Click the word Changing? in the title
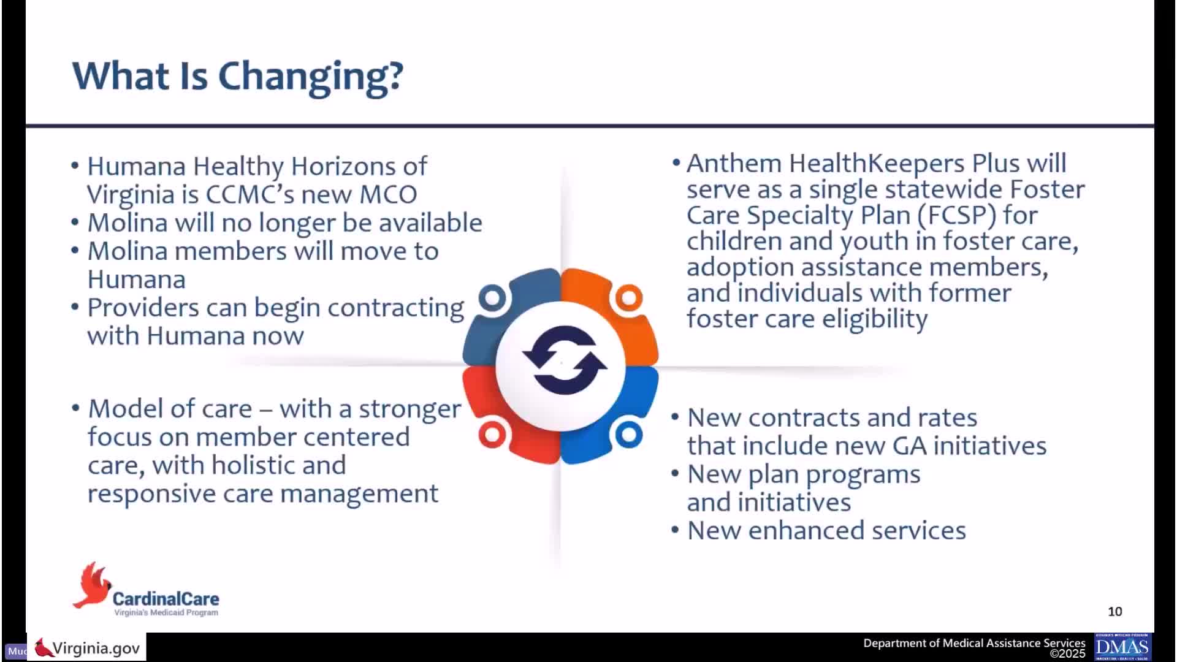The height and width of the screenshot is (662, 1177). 311,77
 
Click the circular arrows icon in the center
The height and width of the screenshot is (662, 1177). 565,360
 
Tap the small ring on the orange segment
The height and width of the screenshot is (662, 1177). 628,299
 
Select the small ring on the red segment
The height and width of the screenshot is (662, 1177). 492,435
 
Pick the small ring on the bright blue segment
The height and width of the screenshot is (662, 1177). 628,435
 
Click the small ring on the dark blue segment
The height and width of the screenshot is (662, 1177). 492,299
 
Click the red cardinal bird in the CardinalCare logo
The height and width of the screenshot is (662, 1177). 92,585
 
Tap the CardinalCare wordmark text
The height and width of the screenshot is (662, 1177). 166,598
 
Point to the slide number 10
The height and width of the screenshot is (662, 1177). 1115,612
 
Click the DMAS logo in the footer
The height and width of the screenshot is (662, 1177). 1122,647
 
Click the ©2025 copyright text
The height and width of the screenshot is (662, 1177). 1067,654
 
